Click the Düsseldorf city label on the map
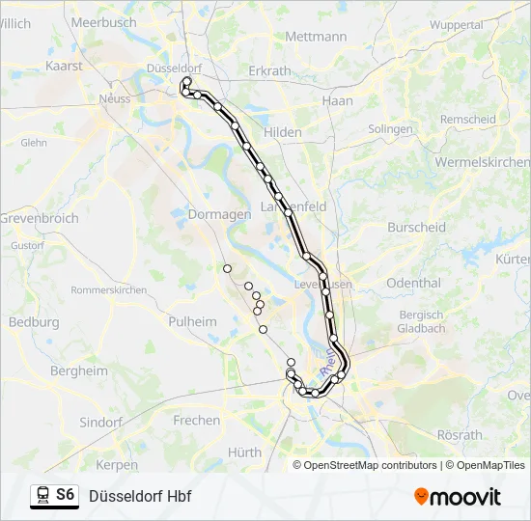(x=174, y=69)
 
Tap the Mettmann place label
(x=316, y=37)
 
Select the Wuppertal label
(x=456, y=24)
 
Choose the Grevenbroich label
(x=39, y=219)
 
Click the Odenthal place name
(x=413, y=283)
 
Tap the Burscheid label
(x=416, y=228)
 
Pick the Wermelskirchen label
(x=482, y=162)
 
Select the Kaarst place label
(x=65, y=67)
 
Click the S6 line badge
(x=65, y=495)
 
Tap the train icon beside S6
(x=42, y=495)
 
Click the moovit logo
(x=458, y=496)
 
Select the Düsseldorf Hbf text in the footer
(x=140, y=496)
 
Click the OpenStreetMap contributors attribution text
(x=371, y=465)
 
